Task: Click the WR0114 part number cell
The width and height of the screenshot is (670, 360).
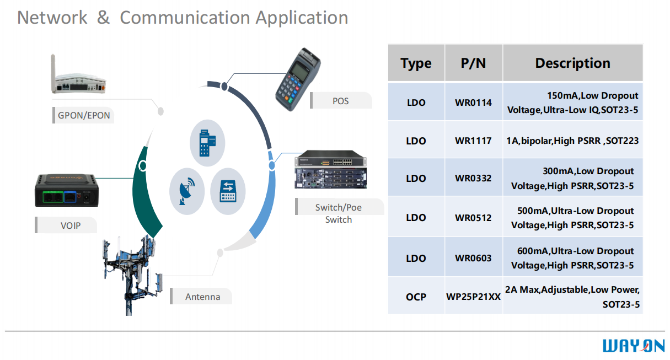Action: (x=473, y=103)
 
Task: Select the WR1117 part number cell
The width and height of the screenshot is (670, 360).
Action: (x=473, y=141)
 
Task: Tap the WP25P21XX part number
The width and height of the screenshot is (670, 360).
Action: (x=473, y=297)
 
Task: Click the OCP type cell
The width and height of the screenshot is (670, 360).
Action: (x=416, y=297)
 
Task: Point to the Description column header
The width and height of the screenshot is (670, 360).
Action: (x=572, y=63)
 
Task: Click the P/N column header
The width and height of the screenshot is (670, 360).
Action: (x=473, y=63)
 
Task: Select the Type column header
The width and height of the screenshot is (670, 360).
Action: (x=416, y=63)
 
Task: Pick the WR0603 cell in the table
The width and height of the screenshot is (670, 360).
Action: (x=473, y=258)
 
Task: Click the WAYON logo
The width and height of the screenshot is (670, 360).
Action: (x=634, y=346)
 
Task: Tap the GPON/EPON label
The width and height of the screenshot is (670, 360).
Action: (x=84, y=116)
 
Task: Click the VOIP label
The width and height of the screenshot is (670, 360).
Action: (x=70, y=225)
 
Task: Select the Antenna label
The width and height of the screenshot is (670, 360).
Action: (x=202, y=297)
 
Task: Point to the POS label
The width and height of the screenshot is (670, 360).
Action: (x=340, y=101)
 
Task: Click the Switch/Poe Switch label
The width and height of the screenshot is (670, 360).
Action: (x=338, y=213)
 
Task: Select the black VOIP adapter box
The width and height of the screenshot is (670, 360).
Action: (x=67, y=191)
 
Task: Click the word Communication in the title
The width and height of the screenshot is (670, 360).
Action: (x=185, y=18)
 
